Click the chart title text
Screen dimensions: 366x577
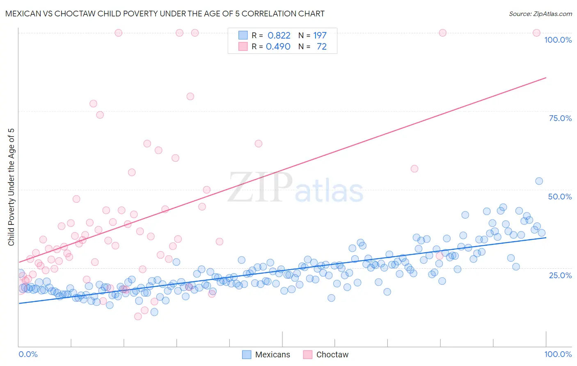[165, 14]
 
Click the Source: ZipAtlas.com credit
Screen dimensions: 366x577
[540, 14]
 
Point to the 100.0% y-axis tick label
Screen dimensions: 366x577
[558, 40]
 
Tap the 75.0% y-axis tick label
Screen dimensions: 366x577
[560, 118]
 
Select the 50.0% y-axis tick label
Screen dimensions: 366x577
[560, 197]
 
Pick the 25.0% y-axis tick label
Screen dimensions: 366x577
[560, 275]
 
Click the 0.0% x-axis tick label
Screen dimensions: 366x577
[28, 354]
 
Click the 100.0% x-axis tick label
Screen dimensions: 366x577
[558, 354]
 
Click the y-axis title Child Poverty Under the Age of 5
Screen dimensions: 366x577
[11, 187]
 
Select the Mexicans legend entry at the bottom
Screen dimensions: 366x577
[266, 355]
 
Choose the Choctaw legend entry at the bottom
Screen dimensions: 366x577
[326, 355]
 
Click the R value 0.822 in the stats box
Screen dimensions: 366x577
[279, 35]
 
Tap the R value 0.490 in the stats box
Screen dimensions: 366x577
[278, 46]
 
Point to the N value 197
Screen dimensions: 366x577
[320, 35]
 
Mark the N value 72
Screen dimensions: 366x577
[321, 46]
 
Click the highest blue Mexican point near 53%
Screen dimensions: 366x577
[539, 181]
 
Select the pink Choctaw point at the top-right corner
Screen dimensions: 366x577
[536, 33]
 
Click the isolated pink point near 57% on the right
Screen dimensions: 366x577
[414, 169]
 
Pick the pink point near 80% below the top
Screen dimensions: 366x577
[190, 96]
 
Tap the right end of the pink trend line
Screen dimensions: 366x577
[546, 78]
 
